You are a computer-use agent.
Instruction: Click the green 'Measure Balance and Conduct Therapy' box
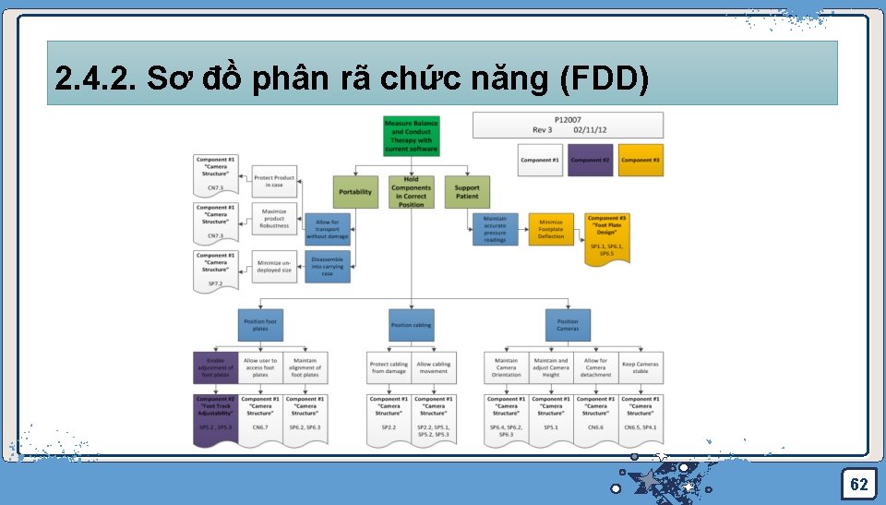click(411, 136)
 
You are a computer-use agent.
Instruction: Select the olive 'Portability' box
click(355, 192)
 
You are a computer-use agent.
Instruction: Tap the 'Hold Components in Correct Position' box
click(411, 192)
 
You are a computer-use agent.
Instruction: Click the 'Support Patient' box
click(467, 192)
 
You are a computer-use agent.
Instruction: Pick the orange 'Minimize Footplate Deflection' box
click(551, 230)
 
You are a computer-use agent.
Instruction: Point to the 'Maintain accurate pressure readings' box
click(495, 230)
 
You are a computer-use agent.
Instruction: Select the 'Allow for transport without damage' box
click(328, 230)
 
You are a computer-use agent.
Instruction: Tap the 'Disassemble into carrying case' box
click(328, 267)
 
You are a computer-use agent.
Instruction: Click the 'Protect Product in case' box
click(274, 181)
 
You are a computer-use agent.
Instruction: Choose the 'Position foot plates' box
click(260, 325)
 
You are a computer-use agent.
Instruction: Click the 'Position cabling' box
click(411, 325)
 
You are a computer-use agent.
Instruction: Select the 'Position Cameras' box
click(568, 325)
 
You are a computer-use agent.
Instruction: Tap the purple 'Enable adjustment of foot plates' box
click(215, 368)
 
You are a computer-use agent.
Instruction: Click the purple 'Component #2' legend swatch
click(591, 160)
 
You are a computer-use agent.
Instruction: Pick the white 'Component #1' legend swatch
click(540, 160)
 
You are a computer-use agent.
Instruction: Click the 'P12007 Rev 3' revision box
click(568, 125)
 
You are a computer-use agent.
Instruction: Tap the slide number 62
click(858, 485)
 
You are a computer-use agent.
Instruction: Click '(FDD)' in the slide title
click(605, 81)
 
